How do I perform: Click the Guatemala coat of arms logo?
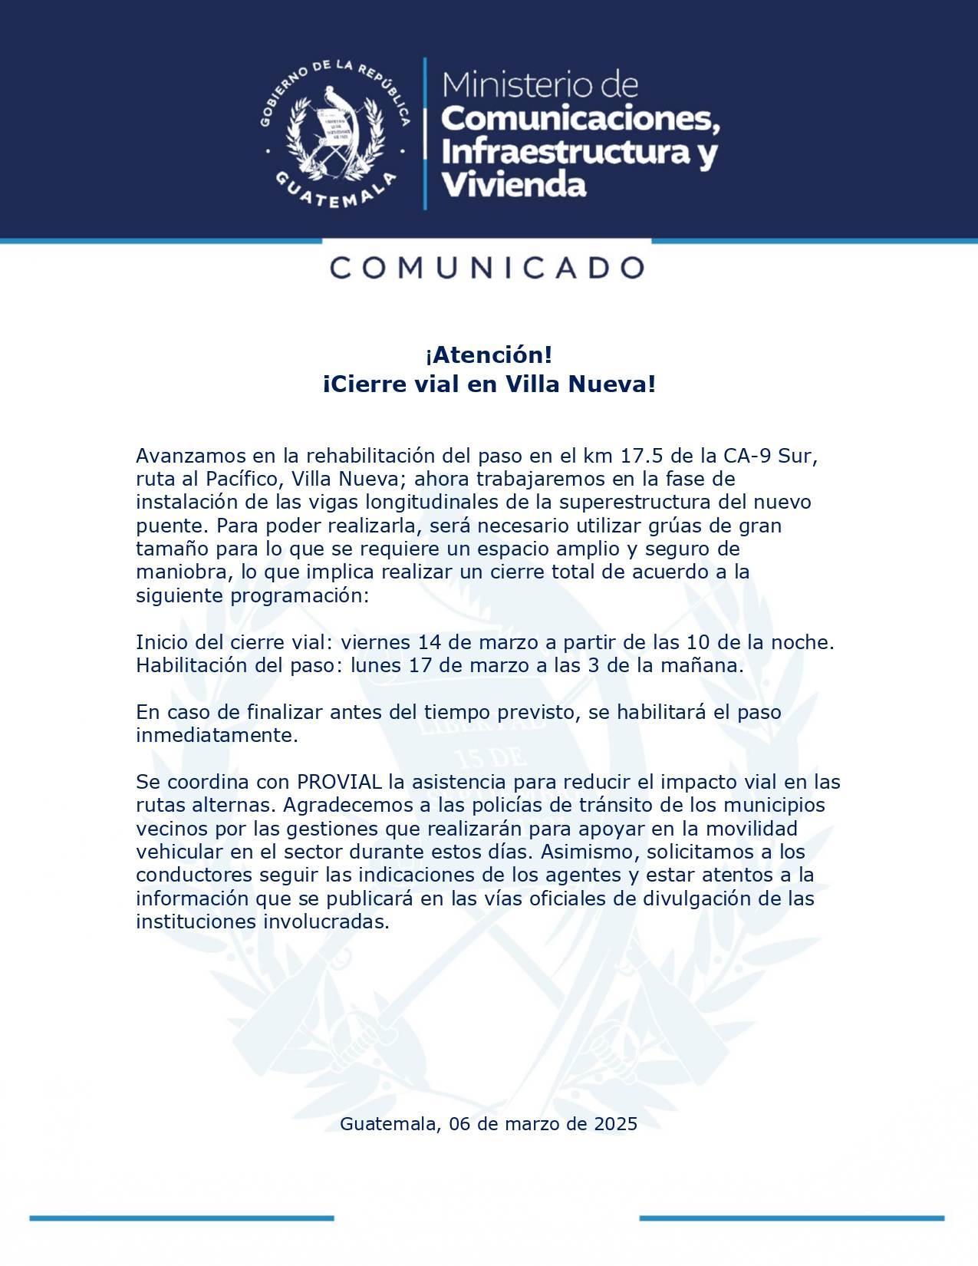(x=335, y=134)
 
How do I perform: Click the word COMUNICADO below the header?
(x=488, y=268)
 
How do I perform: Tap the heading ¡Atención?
(x=489, y=355)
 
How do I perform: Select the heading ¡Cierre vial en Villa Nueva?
(x=489, y=384)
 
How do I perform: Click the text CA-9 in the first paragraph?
(x=747, y=456)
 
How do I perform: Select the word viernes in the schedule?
(x=376, y=642)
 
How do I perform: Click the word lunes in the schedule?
(x=376, y=665)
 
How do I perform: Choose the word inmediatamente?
(x=216, y=735)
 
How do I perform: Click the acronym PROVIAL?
(x=339, y=782)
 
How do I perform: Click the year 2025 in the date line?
(x=615, y=1124)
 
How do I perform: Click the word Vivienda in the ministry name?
(x=513, y=185)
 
